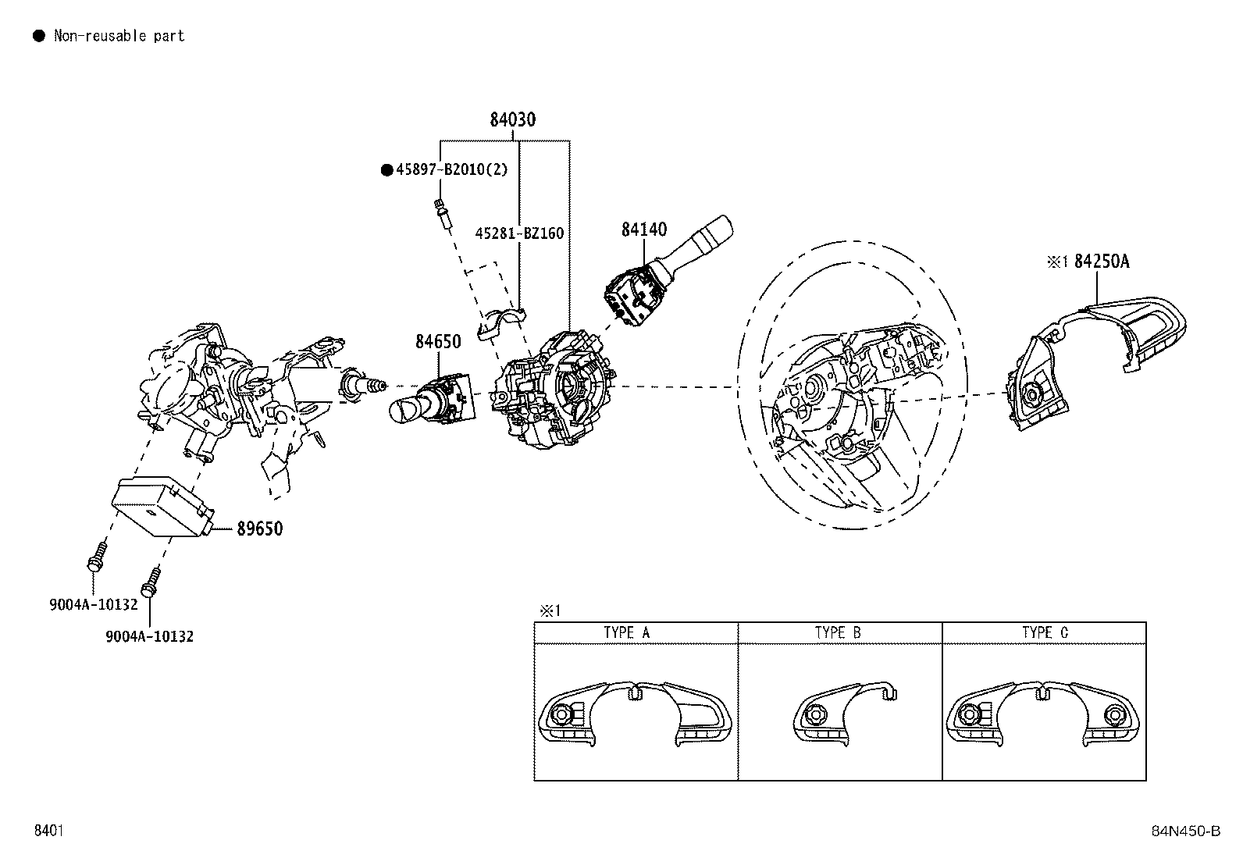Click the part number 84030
click(513, 119)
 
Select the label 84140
click(644, 230)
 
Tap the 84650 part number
click(437, 341)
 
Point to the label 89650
click(260, 529)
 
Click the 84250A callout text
click(1102, 262)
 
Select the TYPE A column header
click(626, 632)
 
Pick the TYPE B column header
click(838, 632)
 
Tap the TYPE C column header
click(1045, 632)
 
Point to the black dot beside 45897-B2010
click(386, 170)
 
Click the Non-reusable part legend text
click(119, 35)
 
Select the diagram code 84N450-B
click(1184, 831)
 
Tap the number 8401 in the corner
click(48, 831)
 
